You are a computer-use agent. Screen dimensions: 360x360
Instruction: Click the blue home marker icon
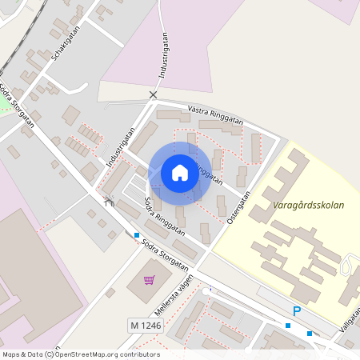pos(180,173)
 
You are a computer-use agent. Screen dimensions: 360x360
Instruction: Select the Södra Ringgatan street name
pos(165,215)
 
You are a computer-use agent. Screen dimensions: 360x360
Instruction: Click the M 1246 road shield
pos(144,326)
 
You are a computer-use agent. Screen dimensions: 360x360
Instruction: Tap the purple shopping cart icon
pos(149,280)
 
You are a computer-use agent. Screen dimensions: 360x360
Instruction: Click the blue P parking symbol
pos(296,311)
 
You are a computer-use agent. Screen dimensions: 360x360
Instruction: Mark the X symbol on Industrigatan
pos(153,94)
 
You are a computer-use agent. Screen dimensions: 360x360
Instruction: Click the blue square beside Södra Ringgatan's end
pos(137,235)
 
